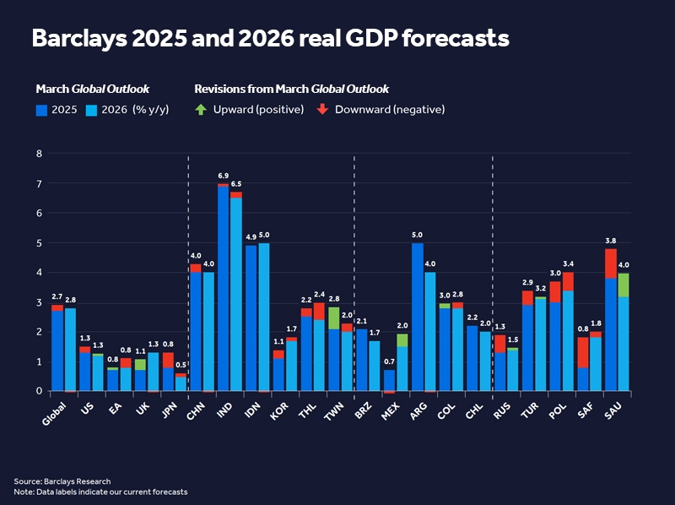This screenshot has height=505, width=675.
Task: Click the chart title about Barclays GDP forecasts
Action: click(270, 39)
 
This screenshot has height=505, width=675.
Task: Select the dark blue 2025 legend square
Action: click(41, 110)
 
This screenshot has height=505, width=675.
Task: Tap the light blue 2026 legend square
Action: click(91, 110)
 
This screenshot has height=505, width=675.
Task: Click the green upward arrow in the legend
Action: click(200, 110)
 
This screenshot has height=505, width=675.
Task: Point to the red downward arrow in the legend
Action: click(322, 110)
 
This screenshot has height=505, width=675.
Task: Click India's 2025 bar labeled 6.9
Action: click(223, 287)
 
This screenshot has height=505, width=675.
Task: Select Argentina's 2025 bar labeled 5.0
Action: click(417, 317)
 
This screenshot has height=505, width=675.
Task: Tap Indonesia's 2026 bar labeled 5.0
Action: click(264, 317)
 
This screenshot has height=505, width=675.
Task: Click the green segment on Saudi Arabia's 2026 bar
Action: click(624, 285)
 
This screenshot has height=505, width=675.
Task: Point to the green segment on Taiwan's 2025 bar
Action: click(333, 318)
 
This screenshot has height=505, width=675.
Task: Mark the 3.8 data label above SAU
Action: click(610, 241)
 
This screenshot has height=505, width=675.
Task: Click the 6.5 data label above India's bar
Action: click(236, 184)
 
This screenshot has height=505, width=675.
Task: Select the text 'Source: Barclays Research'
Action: click(57, 481)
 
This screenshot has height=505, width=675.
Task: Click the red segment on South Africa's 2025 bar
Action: click(582, 352)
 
